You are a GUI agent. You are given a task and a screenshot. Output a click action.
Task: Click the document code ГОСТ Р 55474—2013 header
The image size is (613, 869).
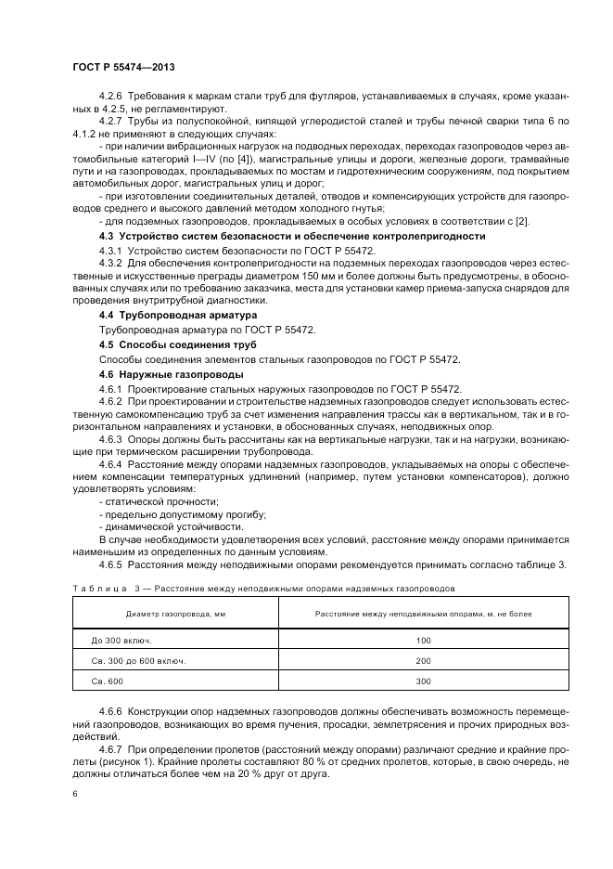[123, 69]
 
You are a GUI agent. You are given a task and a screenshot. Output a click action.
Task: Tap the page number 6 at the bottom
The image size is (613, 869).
[74, 794]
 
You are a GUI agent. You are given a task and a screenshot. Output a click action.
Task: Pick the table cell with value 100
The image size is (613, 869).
[424, 641]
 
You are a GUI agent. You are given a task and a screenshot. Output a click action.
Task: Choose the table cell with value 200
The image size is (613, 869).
[424, 661]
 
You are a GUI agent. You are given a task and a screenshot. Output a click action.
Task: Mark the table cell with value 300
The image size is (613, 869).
[424, 681]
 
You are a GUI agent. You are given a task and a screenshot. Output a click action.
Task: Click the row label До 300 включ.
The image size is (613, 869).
[121, 641]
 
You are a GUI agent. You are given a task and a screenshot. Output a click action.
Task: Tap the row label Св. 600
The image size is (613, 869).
[109, 681]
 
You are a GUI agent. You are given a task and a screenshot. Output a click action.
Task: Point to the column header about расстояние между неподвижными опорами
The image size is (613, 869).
[424, 614]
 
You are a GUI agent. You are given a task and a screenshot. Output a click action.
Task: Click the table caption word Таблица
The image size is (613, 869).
[97, 589]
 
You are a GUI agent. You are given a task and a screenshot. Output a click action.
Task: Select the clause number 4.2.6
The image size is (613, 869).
[111, 97]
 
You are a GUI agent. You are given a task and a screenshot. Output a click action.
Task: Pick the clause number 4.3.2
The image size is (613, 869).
[111, 264]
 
